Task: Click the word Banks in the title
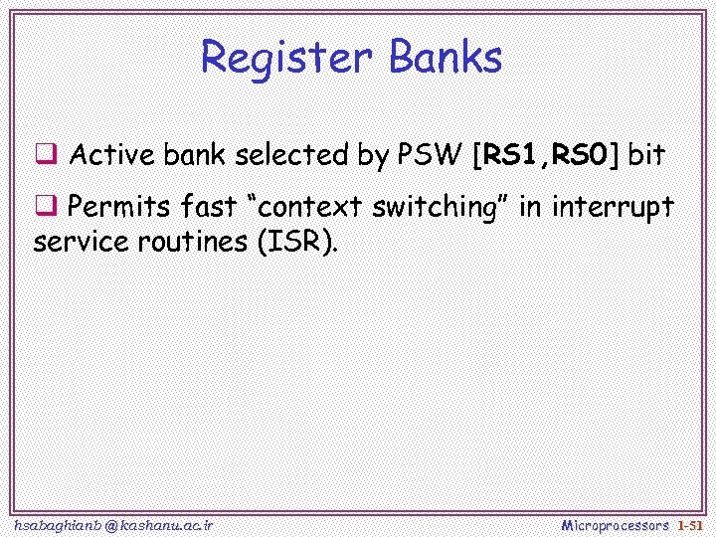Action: [445, 58]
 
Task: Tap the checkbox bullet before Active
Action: [46, 155]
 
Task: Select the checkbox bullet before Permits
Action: [46, 207]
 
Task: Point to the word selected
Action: [289, 155]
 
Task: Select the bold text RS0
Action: [582, 155]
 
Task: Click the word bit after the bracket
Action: [645, 155]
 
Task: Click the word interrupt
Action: [613, 209]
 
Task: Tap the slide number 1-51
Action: [689, 524]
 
